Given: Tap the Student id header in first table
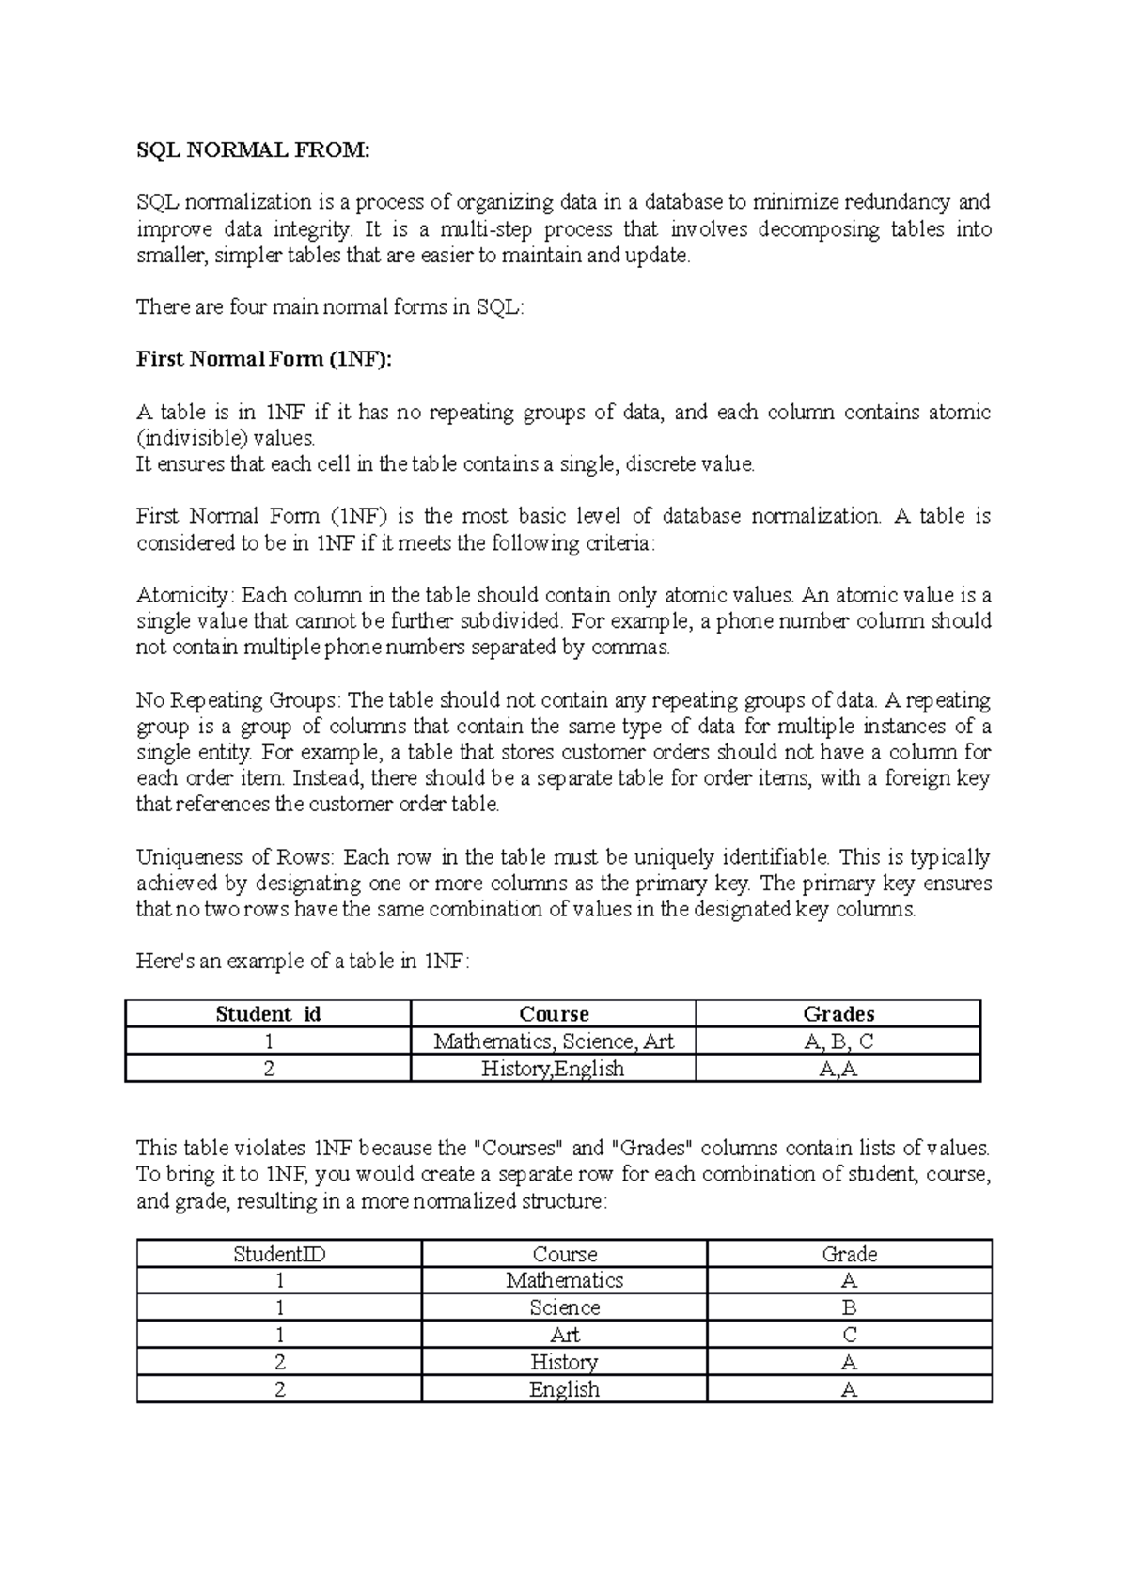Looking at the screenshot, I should point(268,1013).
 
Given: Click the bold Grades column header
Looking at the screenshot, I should point(838,1013).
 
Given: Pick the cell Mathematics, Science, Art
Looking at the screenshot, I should point(554,1041).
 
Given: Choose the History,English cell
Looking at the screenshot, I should point(553,1068).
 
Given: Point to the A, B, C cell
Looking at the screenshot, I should point(838,1041).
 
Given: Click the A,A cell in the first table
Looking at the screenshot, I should point(838,1068).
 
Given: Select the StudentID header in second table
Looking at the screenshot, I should point(279,1254).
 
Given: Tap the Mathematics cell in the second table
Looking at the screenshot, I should point(564,1280).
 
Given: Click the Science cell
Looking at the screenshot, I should point(564,1307).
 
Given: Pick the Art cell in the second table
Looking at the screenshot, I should point(564,1335).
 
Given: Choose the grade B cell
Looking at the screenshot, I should point(850,1307).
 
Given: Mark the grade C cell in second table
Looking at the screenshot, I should point(850,1335).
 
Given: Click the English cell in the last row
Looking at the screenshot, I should point(564,1389).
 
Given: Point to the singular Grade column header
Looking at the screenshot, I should point(850,1254).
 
